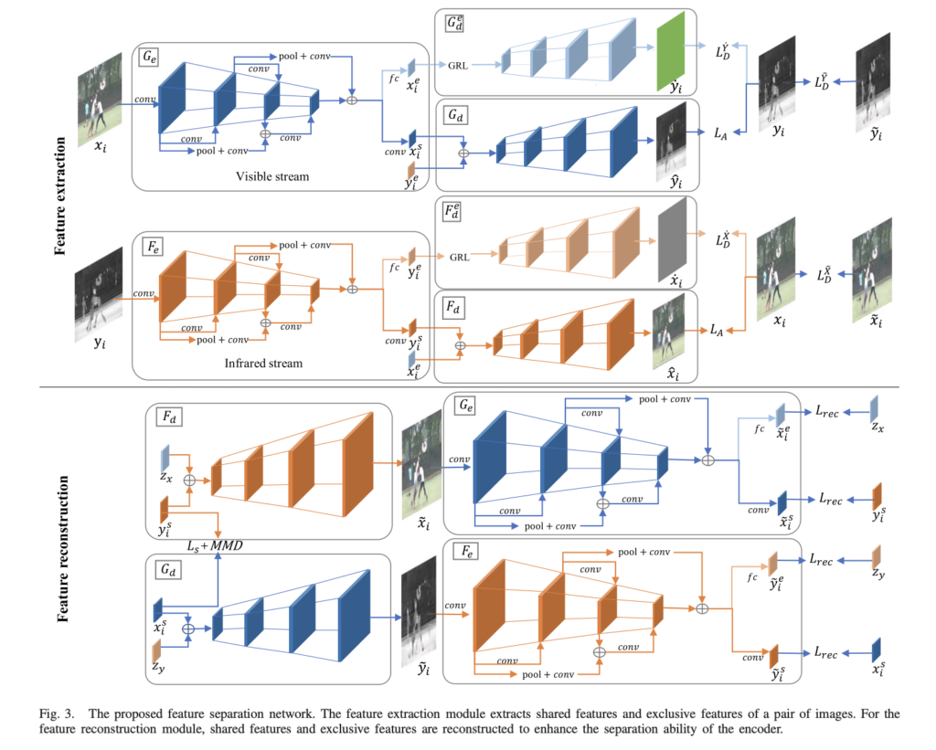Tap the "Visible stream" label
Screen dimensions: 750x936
(271, 176)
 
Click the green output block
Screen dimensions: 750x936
(672, 53)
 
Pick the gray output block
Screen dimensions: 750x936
(672, 239)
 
